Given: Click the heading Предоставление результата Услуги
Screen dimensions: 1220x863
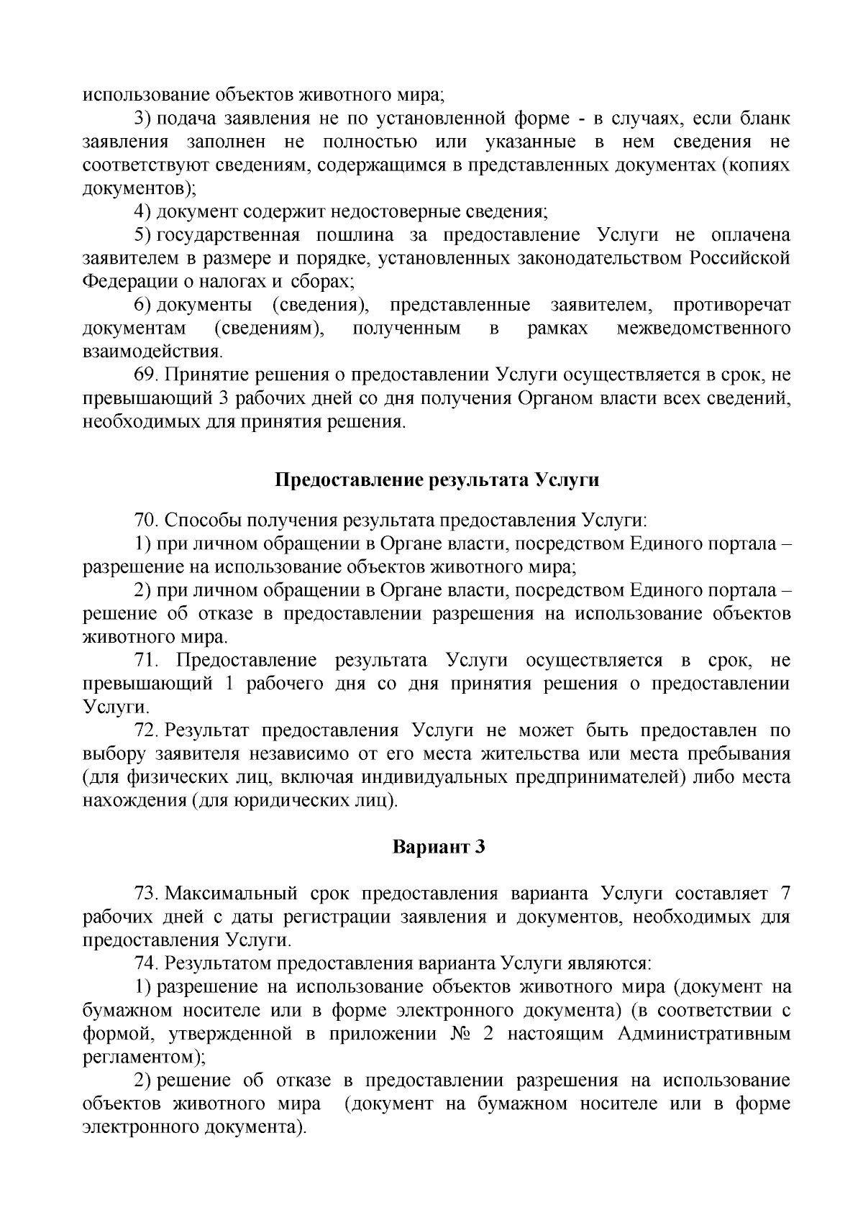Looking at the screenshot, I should [437, 481].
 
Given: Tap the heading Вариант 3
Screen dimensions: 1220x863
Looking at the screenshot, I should [439, 847].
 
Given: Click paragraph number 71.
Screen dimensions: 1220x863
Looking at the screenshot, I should [147, 661].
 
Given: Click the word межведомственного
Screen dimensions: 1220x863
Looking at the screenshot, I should [703, 329].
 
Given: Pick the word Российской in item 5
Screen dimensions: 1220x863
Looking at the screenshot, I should [740, 258].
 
